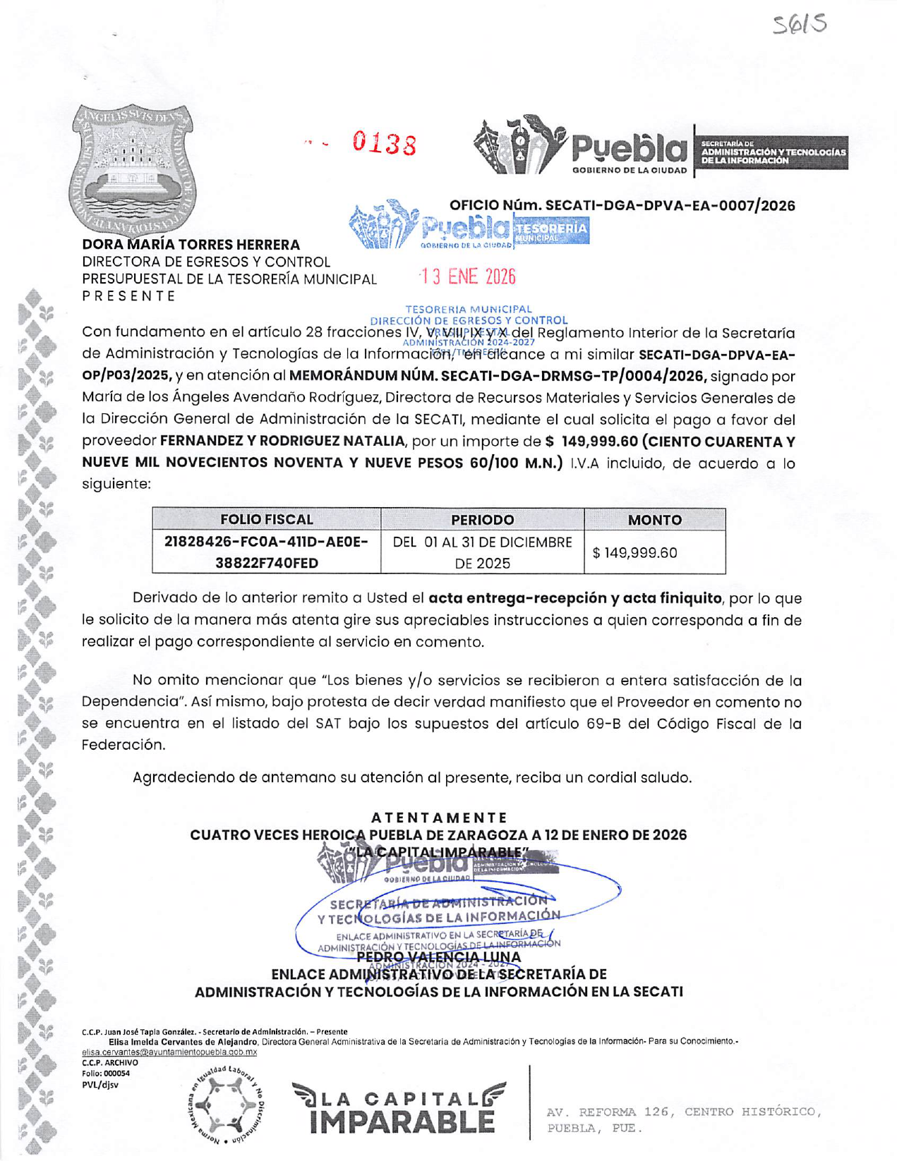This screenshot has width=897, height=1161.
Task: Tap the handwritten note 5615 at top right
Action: point(799,25)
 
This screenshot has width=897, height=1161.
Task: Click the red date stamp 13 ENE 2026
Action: point(468,277)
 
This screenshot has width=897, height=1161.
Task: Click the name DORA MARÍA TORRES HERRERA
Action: point(191,245)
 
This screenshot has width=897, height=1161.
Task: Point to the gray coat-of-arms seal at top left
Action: point(133,169)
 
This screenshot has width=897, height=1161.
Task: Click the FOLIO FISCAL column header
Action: point(266,520)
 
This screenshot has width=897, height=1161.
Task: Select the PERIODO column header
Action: point(482,520)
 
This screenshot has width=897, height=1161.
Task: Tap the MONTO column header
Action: point(654,520)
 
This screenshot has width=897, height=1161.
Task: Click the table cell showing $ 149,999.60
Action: point(634,552)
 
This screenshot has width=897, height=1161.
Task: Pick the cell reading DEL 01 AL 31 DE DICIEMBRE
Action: point(482,542)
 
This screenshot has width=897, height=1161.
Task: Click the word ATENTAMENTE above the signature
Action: point(439,817)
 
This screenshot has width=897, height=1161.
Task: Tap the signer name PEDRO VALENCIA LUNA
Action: point(438,957)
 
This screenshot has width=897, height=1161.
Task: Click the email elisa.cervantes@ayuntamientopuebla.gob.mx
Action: point(169,1052)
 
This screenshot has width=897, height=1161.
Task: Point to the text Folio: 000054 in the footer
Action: point(106,1074)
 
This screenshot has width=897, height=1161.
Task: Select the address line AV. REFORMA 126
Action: point(683,1112)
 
